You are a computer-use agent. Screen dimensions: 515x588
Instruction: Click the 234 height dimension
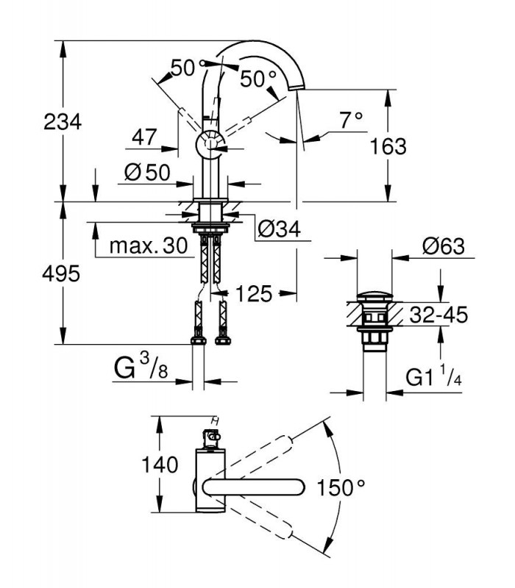pos(63,122)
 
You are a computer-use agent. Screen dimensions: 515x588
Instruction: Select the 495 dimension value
pos(61,273)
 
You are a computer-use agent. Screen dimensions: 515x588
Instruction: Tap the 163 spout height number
pos(388,146)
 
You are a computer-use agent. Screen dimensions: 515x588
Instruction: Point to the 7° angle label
pos(352,120)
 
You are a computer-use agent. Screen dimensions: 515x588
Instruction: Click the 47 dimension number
pos(144,137)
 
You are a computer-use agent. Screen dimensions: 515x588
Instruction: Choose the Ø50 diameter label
pos(147,173)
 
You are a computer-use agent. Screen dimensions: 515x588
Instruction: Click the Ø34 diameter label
pos(280,229)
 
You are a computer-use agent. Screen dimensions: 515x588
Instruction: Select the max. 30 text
pos(149,246)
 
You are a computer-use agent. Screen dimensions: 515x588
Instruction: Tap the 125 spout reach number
pos(254,293)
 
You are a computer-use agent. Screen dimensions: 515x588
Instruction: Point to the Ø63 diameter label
pos(444,246)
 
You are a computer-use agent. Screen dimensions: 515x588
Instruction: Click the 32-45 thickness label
pos(438,315)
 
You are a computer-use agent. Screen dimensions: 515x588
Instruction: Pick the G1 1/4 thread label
pos(433,376)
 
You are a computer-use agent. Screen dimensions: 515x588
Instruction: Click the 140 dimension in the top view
pos(160,465)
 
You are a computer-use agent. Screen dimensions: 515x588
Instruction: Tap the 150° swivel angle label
pos(341,488)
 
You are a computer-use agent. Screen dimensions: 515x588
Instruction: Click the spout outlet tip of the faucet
pos(296,87)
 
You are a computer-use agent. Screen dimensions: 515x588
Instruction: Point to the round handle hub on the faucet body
pos(210,145)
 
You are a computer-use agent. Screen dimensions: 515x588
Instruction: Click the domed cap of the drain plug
pos(374,296)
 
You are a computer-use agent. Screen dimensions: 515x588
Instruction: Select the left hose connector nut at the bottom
pos(198,340)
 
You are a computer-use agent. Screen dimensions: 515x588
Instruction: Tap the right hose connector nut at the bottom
pos(223,340)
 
